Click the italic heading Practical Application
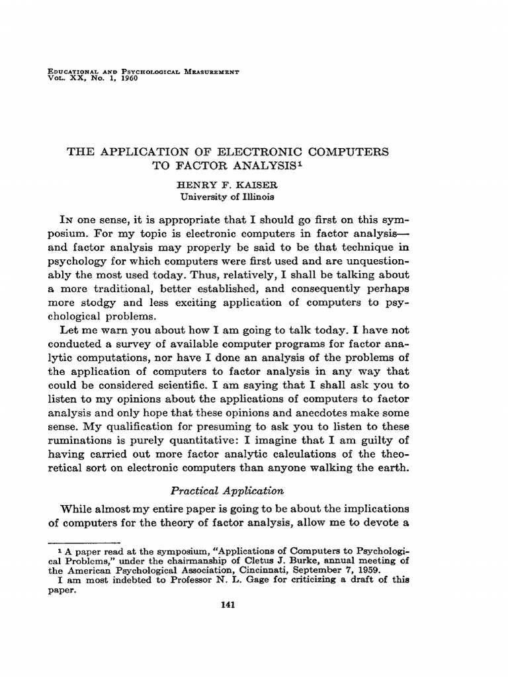(228, 491)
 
